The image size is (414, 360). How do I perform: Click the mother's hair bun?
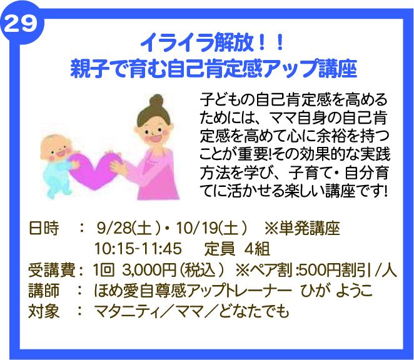[x=156, y=102]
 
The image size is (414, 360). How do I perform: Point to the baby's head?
[x=56, y=148]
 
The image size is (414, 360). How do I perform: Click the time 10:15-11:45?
[x=138, y=249]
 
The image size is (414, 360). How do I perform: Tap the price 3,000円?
[x=149, y=270]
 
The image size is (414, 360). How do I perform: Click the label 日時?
[x=44, y=227]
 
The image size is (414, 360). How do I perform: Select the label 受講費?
[x=51, y=270]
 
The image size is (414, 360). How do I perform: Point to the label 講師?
[x=44, y=291]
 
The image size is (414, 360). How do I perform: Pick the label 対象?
[x=44, y=311]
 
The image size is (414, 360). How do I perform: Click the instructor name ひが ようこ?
[x=336, y=291]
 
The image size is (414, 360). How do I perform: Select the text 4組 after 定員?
[x=257, y=249]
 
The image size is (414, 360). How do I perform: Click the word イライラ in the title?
[x=177, y=42]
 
